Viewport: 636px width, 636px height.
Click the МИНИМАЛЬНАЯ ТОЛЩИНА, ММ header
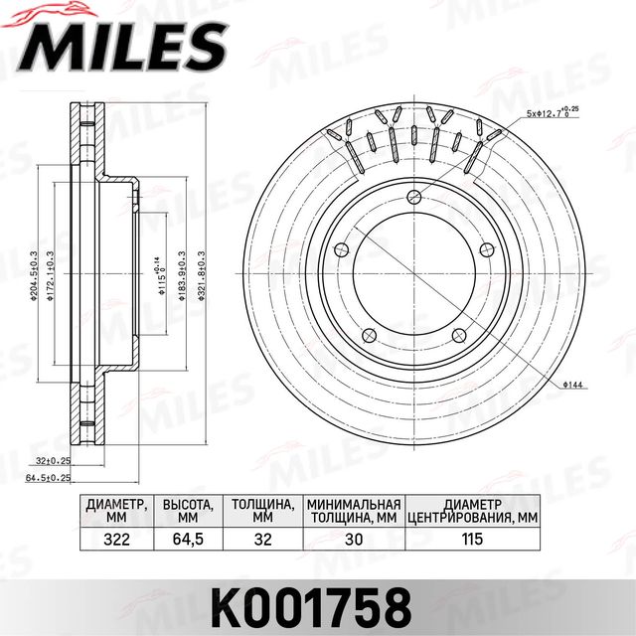click(x=354, y=511)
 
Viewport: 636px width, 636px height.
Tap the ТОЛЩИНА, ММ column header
click(x=262, y=511)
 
